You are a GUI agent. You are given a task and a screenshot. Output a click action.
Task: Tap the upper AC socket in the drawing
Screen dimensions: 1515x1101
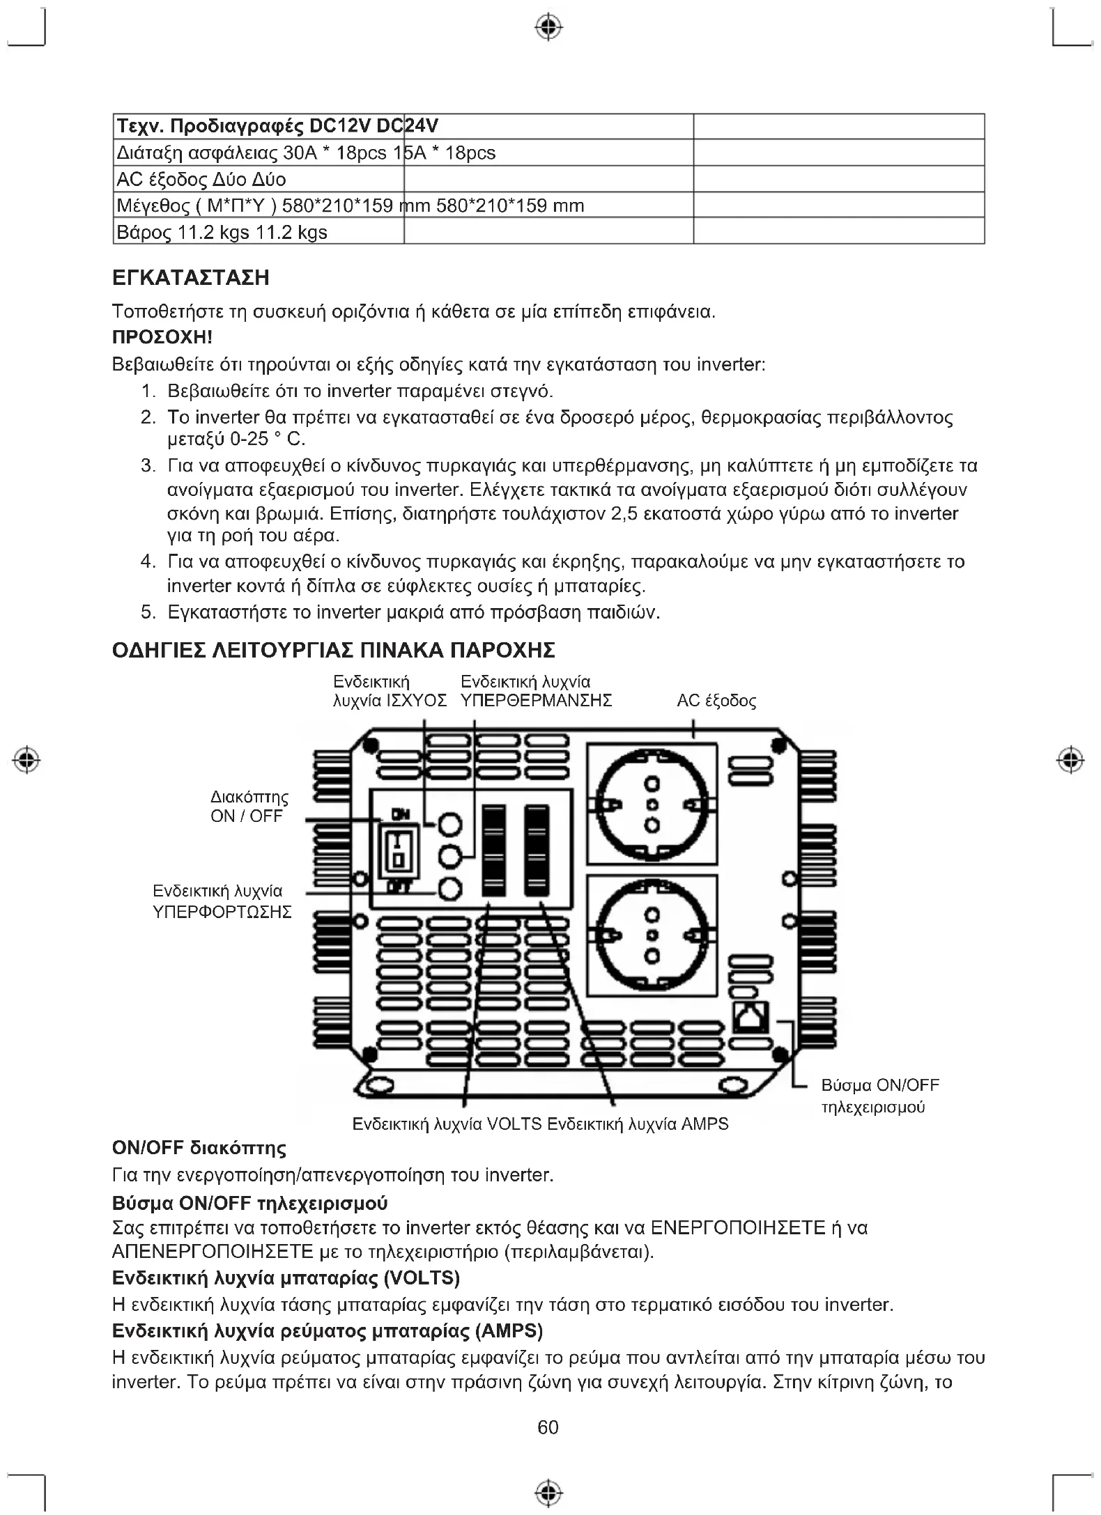click(x=652, y=805)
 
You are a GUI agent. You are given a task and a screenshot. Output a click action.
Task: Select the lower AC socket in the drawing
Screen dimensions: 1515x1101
click(x=652, y=935)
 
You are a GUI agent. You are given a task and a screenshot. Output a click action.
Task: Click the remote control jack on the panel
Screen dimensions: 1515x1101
click(x=750, y=1016)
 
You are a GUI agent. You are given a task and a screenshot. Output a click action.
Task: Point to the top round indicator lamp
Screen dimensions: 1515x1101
click(x=450, y=825)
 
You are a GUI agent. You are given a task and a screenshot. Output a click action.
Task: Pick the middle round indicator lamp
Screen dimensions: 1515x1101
click(x=450, y=857)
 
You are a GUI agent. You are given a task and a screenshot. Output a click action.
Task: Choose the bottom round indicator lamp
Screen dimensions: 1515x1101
click(x=450, y=889)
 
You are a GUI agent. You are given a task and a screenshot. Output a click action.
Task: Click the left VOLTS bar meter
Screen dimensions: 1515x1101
click(x=493, y=850)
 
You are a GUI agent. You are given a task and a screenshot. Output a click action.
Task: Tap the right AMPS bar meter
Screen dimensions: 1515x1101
click(x=537, y=850)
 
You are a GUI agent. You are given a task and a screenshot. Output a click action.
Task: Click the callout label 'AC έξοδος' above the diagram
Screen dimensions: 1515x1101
click(x=716, y=701)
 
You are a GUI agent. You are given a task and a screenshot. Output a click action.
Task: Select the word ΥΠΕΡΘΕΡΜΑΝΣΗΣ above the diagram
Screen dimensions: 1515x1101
click(x=537, y=701)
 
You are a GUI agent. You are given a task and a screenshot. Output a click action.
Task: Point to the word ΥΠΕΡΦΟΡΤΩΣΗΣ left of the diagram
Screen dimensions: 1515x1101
click(x=222, y=912)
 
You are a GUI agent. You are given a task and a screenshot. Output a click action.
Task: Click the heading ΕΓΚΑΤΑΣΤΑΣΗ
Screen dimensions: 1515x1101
click(x=191, y=278)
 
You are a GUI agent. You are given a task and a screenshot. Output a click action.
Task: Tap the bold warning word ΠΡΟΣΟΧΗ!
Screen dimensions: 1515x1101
click(x=162, y=338)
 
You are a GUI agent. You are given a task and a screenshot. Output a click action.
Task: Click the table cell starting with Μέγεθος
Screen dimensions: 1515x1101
click(x=258, y=205)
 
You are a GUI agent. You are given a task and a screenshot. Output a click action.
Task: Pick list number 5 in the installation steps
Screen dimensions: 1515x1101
click(x=148, y=612)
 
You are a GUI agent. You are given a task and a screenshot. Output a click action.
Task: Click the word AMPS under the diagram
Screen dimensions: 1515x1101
click(x=705, y=1124)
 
